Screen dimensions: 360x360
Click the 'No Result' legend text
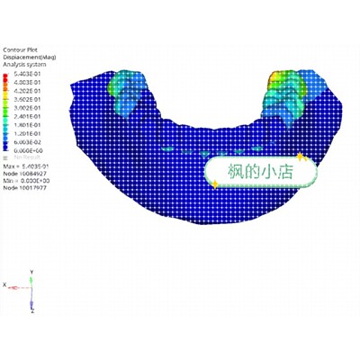22,157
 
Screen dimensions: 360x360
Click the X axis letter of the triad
4,284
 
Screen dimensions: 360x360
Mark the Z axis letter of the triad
32,311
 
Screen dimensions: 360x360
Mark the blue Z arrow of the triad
31,300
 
